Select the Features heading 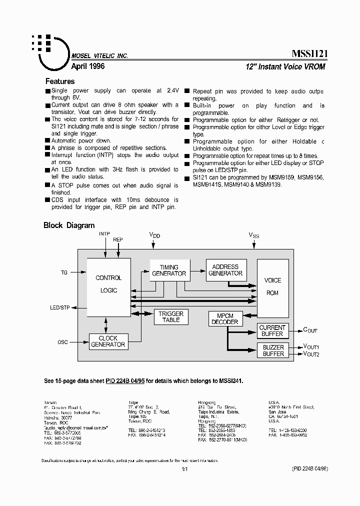60,81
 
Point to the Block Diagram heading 69,225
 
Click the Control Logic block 108,284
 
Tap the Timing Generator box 168,270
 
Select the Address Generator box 225,270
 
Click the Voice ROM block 272,286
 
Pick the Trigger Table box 171,316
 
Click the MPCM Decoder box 225,319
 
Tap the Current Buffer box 272,330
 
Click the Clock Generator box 108,341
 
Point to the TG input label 64,272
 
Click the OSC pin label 62,342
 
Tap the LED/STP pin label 60,307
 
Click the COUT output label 310,330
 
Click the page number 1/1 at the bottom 184,468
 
